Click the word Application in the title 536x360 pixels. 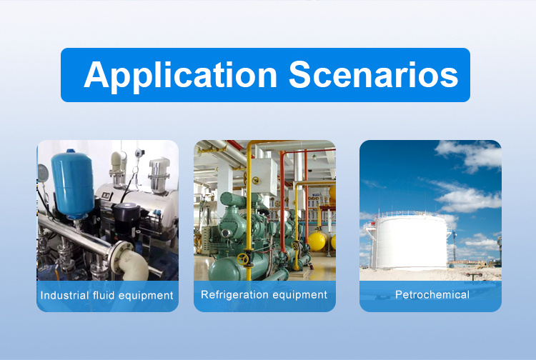(x=181, y=76)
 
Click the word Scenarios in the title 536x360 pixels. (x=374, y=74)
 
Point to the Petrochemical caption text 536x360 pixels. (x=432, y=294)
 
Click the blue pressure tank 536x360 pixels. (x=72, y=184)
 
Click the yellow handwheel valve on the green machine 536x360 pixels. (x=243, y=259)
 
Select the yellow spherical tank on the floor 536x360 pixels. (x=317, y=241)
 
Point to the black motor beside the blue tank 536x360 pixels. (x=126, y=218)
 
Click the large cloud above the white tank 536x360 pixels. (x=468, y=199)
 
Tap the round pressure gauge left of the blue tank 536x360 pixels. (x=42, y=173)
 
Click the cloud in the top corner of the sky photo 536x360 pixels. (x=470, y=155)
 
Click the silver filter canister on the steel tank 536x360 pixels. (x=159, y=174)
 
